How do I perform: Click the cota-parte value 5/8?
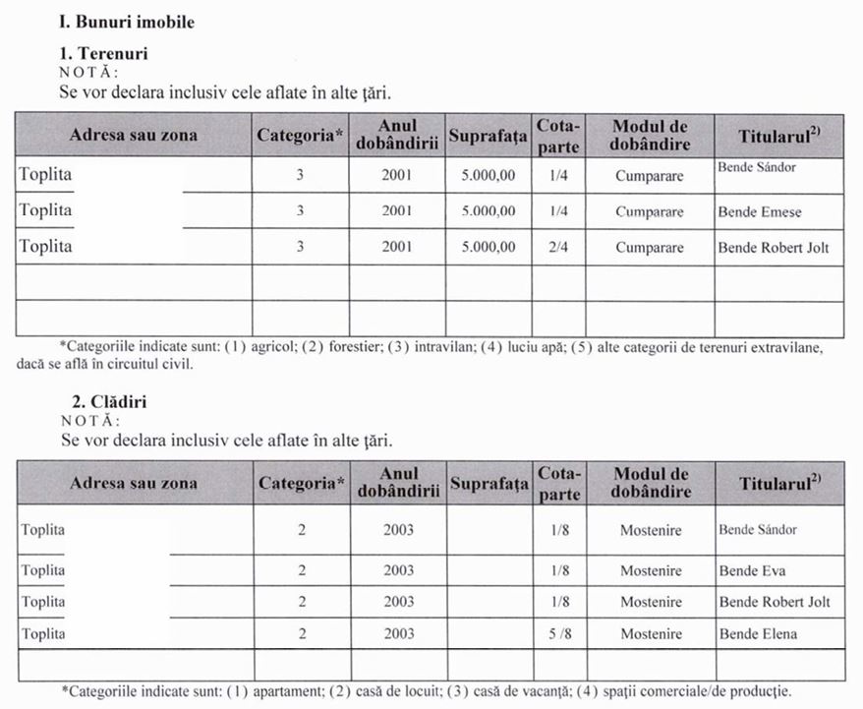(558, 634)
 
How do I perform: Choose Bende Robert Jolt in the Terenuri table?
(773, 248)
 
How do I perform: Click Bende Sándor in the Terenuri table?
(756, 167)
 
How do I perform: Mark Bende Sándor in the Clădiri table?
(757, 530)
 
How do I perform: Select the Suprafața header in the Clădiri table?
(488, 484)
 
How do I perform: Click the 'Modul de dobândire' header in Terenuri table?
(649, 135)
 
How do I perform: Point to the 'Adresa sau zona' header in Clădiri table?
(134, 484)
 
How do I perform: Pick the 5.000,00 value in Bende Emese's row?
(488, 211)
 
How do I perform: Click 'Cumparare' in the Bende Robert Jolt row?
(649, 248)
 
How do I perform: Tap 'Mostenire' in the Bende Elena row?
(650, 634)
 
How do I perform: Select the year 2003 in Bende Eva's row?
(398, 571)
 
